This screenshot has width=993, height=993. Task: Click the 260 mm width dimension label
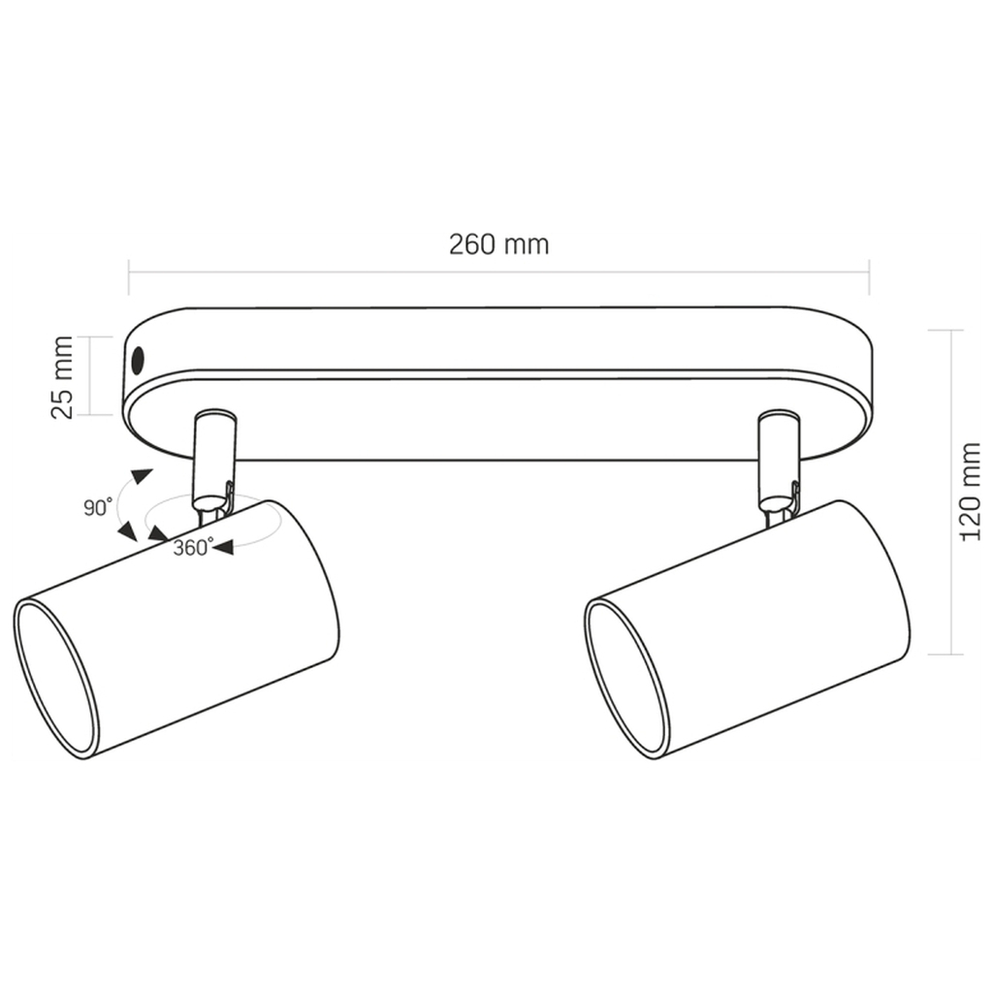point(499,244)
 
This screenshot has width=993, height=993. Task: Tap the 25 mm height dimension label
point(61,377)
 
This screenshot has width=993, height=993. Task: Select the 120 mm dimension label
point(970,492)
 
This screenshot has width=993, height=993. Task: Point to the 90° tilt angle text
point(98,506)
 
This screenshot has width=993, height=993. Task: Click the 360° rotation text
point(194,547)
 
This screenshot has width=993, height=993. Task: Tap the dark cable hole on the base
point(138,361)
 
